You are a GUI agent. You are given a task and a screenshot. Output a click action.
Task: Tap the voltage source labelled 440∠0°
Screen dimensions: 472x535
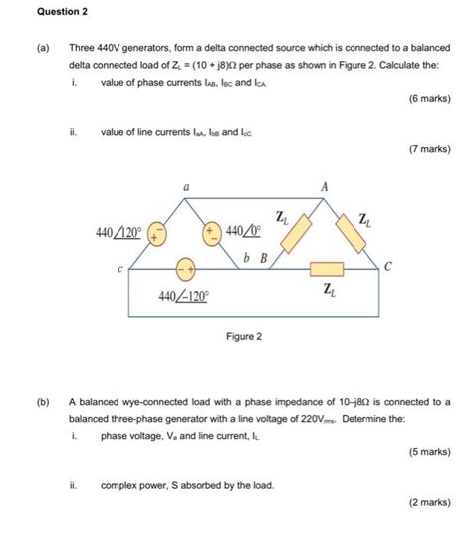(x=211, y=234)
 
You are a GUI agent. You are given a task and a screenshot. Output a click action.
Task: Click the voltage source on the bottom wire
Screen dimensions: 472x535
(x=185, y=268)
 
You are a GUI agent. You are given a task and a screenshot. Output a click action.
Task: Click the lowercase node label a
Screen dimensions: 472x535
(x=185, y=185)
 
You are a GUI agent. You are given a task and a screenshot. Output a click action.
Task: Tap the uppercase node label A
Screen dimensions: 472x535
(x=322, y=185)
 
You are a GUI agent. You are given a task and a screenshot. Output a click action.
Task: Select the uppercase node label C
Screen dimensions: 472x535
(x=388, y=267)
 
